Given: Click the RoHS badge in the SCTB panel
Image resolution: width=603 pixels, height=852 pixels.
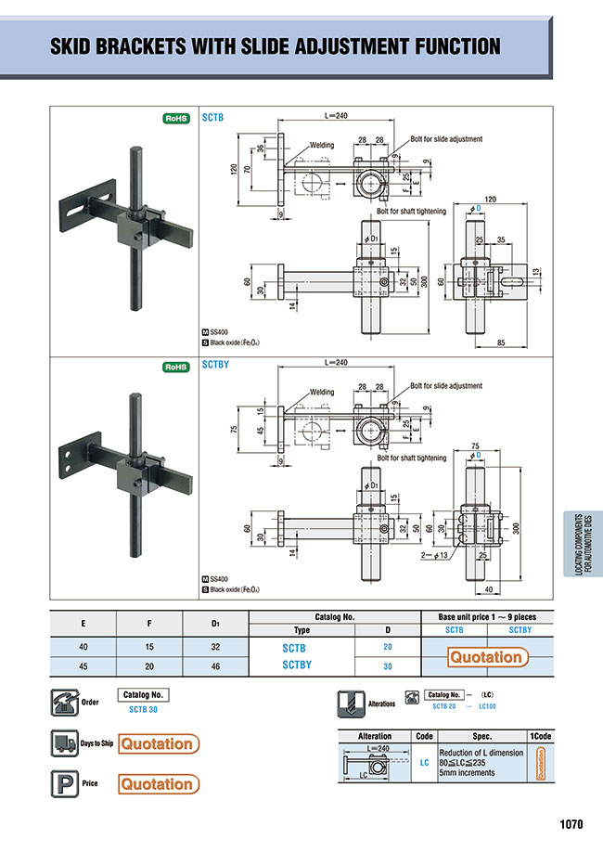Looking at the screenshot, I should [176, 119].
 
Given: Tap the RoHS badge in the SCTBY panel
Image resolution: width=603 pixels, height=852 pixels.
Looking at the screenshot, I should [176, 367].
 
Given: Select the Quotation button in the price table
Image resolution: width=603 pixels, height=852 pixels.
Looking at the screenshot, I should [486, 657].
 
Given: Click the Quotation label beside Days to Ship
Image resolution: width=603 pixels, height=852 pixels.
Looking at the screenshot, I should [158, 743].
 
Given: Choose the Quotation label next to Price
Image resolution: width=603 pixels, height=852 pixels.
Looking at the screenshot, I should [158, 784].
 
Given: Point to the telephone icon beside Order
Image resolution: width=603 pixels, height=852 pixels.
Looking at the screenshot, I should [63, 703].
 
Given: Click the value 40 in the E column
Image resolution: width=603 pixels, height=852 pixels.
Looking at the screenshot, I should [83, 647].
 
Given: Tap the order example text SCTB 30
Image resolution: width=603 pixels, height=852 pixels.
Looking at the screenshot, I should [144, 710].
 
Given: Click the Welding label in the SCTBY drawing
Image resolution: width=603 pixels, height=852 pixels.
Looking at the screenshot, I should [322, 393].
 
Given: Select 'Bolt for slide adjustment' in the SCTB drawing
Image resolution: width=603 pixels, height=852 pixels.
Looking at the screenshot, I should [446, 139].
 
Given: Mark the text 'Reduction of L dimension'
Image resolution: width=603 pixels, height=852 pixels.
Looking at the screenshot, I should [481, 752].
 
